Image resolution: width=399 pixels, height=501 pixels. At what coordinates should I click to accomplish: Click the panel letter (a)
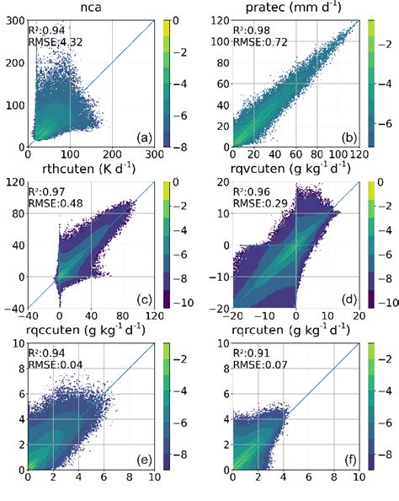tap(141, 137)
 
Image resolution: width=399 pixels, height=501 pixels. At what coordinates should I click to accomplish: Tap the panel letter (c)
tap(141, 293)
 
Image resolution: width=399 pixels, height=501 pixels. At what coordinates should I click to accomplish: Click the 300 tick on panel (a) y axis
tap(13, 19)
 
